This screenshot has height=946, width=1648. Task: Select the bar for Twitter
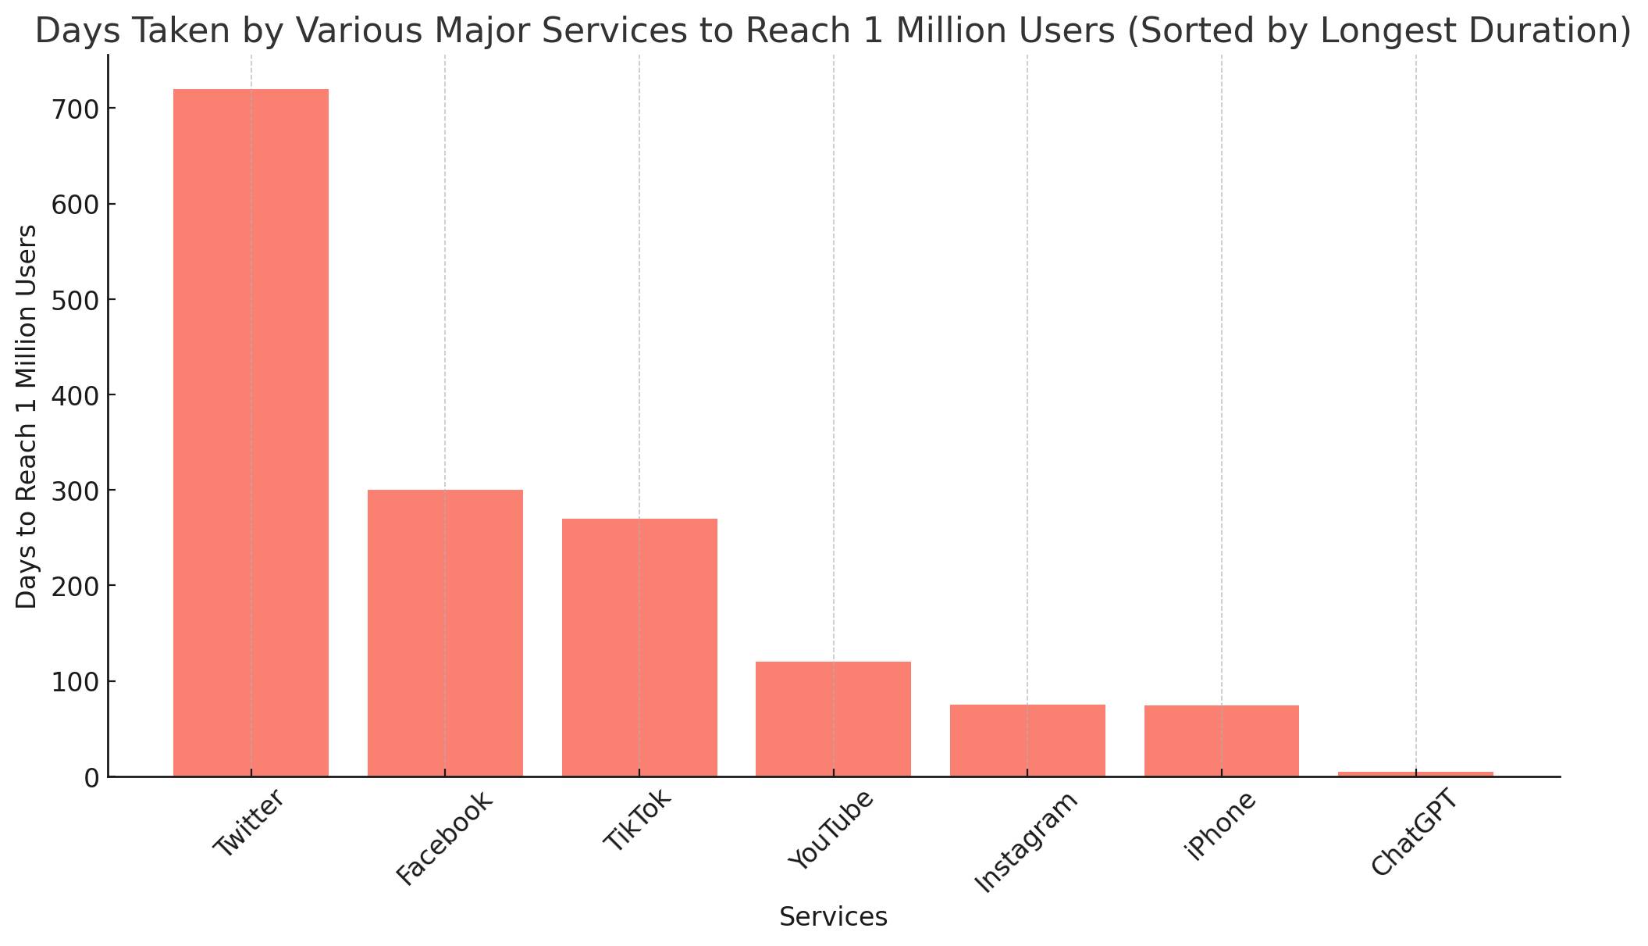coord(251,433)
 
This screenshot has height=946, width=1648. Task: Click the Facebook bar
coord(445,633)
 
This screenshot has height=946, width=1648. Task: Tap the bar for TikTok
coord(639,648)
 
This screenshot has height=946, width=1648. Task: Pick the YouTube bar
coord(833,719)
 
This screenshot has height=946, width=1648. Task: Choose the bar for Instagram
coord(1027,741)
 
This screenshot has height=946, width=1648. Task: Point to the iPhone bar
coord(1222,741)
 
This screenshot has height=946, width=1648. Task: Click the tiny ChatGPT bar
coord(1415,774)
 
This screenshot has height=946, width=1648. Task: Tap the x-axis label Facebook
coord(444,838)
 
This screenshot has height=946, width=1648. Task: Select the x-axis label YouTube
coord(831,830)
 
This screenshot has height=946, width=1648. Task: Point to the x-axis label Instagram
coord(1027,841)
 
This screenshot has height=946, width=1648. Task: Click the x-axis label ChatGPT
coord(1414,833)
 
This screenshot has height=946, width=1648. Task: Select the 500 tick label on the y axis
coord(76,300)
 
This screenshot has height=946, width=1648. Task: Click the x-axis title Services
coord(833,917)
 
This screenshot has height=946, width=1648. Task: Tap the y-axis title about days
coord(27,416)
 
